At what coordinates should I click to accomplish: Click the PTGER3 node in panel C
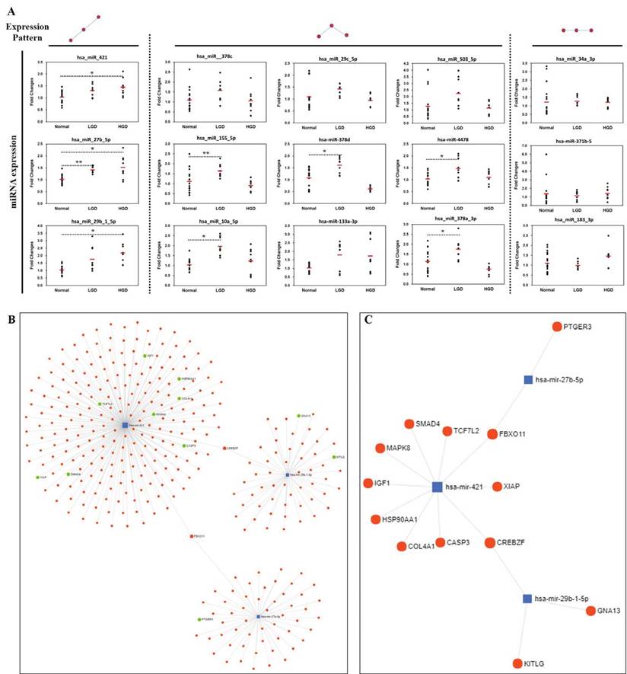(x=556, y=327)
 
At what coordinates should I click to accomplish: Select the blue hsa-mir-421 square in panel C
(x=437, y=487)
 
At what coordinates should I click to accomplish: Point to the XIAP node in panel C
(x=497, y=486)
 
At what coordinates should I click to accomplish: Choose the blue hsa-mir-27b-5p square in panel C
(x=527, y=379)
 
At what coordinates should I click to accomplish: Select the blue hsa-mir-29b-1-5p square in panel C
(x=527, y=599)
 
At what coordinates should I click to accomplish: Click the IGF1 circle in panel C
(x=368, y=484)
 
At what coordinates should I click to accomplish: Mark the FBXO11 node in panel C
(x=492, y=434)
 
